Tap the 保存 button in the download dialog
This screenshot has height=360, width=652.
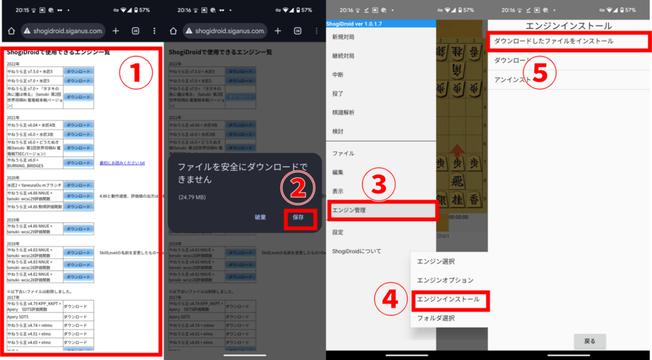click(298, 217)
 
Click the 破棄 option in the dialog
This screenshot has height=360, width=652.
click(260, 217)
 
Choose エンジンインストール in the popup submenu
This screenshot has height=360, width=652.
click(448, 299)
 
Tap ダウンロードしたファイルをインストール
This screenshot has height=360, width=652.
click(554, 41)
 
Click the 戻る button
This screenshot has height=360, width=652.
click(590, 341)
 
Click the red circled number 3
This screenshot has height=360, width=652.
click(379, 184)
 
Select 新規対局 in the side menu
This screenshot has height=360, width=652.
click(343, 37)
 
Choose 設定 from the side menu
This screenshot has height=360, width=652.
click(337, 232)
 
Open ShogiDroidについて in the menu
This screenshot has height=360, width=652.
click(357, 251)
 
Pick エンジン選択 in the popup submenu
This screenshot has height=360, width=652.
click(436, 261)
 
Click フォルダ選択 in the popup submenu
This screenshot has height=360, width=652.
click(436, 318)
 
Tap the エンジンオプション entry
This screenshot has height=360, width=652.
click(445, 280)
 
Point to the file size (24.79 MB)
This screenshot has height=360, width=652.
click(192, 197)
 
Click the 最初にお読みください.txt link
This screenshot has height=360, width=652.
click(122, 164)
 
